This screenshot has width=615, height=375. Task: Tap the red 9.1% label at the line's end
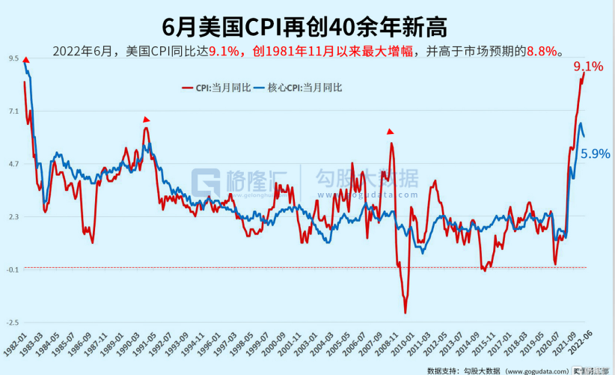588,67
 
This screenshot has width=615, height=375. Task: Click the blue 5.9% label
596,153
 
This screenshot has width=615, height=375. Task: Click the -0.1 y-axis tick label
13,269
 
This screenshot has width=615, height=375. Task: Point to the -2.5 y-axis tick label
13,323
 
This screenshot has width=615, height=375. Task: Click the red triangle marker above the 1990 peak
147,119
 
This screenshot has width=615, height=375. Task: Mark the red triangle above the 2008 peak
390,132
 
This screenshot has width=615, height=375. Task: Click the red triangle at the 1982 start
25,60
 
